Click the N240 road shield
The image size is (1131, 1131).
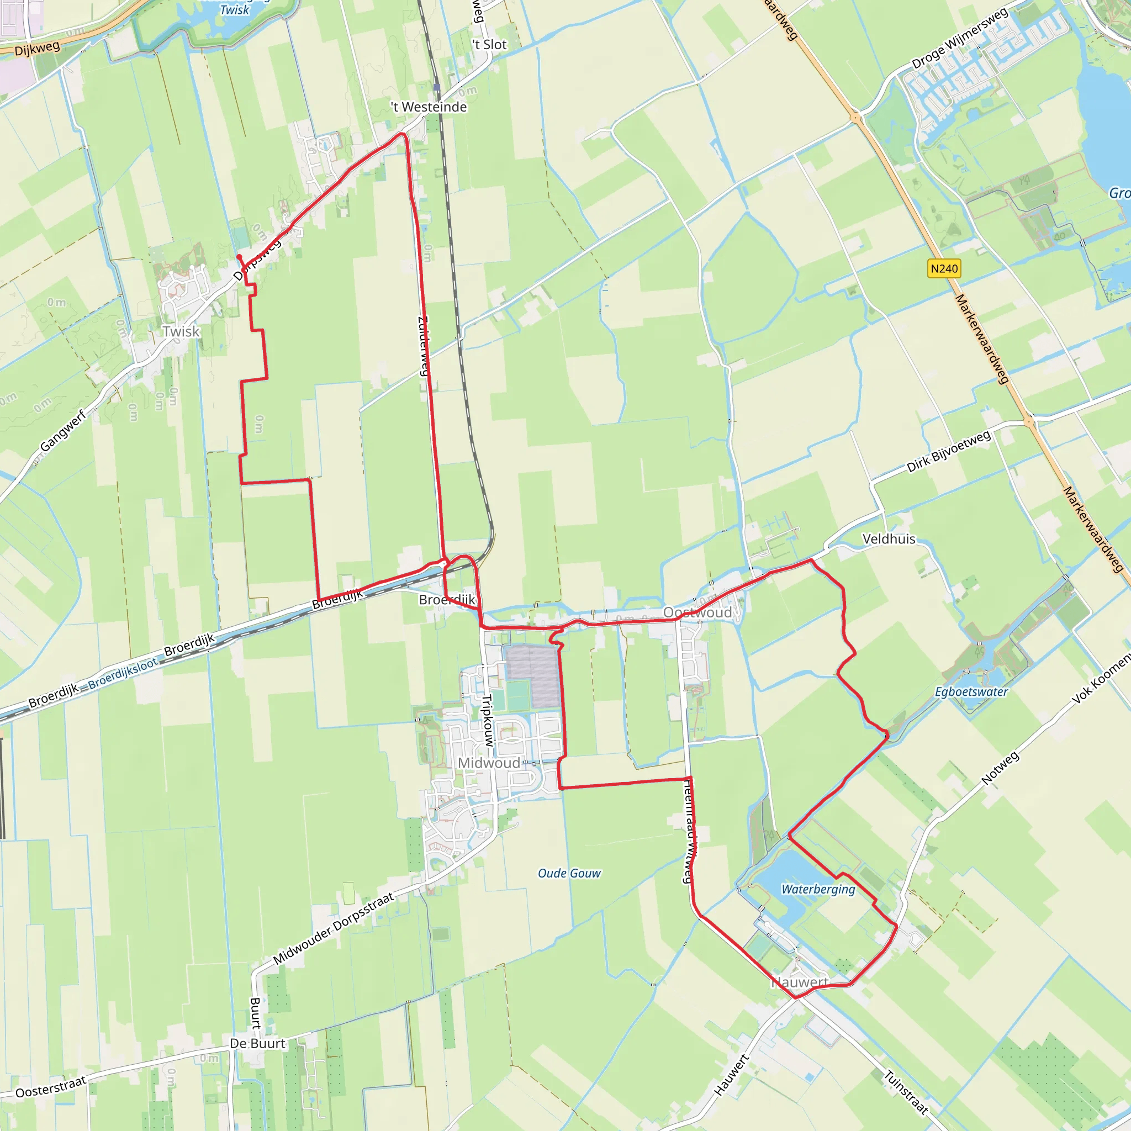click(x=944, y=269)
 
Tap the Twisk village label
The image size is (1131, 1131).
click(x=182, y=332)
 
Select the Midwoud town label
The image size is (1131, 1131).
click(x=489, y=763)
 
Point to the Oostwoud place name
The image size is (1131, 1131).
click(x=697, y=613)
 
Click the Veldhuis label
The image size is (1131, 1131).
click(x=889, y=539)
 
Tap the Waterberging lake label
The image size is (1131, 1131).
click(x=818, y=889)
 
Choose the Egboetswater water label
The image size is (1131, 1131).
click(x=971, y=692)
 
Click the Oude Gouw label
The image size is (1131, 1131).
click(x=569, y=874)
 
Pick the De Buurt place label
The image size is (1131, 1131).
click(x=257, y=1044)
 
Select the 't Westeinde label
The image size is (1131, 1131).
click(x=429, y=107)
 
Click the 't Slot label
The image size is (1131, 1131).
click(x=489, y=45)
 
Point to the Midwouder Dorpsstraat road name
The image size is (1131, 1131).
click(x=333, y=928)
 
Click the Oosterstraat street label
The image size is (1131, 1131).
click(x=51, y=1086)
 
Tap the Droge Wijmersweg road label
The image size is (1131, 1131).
click(x=959, y=38)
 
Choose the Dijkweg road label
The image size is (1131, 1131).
click(x=37, y=49)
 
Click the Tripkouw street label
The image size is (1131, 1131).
click(x=488, y=721)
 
